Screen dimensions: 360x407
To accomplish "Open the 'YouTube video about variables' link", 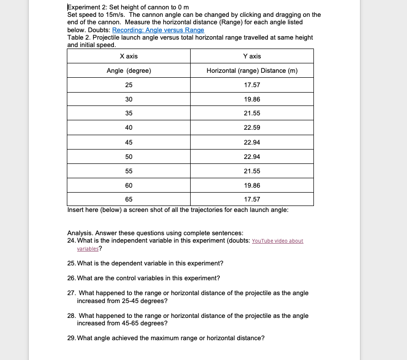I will (277, 241).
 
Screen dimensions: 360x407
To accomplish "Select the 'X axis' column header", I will (129, 56).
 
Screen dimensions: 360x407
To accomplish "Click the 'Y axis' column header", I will (252, 56).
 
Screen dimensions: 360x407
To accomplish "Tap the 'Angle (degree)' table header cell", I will (129, 71).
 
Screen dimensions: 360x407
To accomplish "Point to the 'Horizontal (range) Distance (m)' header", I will (252, 71).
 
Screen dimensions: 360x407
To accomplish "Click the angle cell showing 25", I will (129, 85).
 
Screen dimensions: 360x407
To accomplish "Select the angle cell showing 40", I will (129, 128).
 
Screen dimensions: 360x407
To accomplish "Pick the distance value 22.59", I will (252, 128).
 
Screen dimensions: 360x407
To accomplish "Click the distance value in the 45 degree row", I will (252, 143).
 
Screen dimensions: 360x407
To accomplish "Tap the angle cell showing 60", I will (129, 185).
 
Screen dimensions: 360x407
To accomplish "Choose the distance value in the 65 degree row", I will (252, 200).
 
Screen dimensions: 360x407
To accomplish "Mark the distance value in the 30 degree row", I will (252, 100).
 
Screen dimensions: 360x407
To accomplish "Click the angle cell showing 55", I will (129, 171).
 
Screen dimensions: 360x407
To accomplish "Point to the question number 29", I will (71, 338).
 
